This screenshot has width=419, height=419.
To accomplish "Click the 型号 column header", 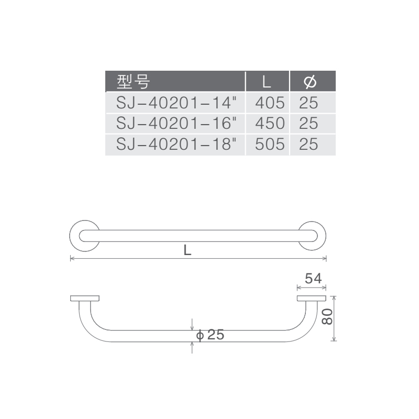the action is pyautogui.click(x=133, y=82).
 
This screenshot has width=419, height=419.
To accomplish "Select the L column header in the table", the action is pyautogui.click(x=267, y=82).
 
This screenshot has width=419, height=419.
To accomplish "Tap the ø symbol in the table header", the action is pyautogui.click(x=310, y=82).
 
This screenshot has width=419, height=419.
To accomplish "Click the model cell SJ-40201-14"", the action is pyautogui.click(x=177, y=103).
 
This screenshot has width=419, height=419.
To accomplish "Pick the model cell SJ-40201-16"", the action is pyautogui.click(x=177, y=123).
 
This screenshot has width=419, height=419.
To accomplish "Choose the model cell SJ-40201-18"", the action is pyautogui.click(x=177, y=145).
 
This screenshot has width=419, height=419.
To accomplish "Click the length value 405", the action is pyautogui.click(x=270, y=103).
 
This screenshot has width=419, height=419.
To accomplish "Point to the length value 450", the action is pyautogui.click(x=270, y=123).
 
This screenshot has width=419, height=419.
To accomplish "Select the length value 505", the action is pyautogui.click(x=270, y=145).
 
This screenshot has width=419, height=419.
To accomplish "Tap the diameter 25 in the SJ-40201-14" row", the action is pyautogui.click(x=308, y=103).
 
